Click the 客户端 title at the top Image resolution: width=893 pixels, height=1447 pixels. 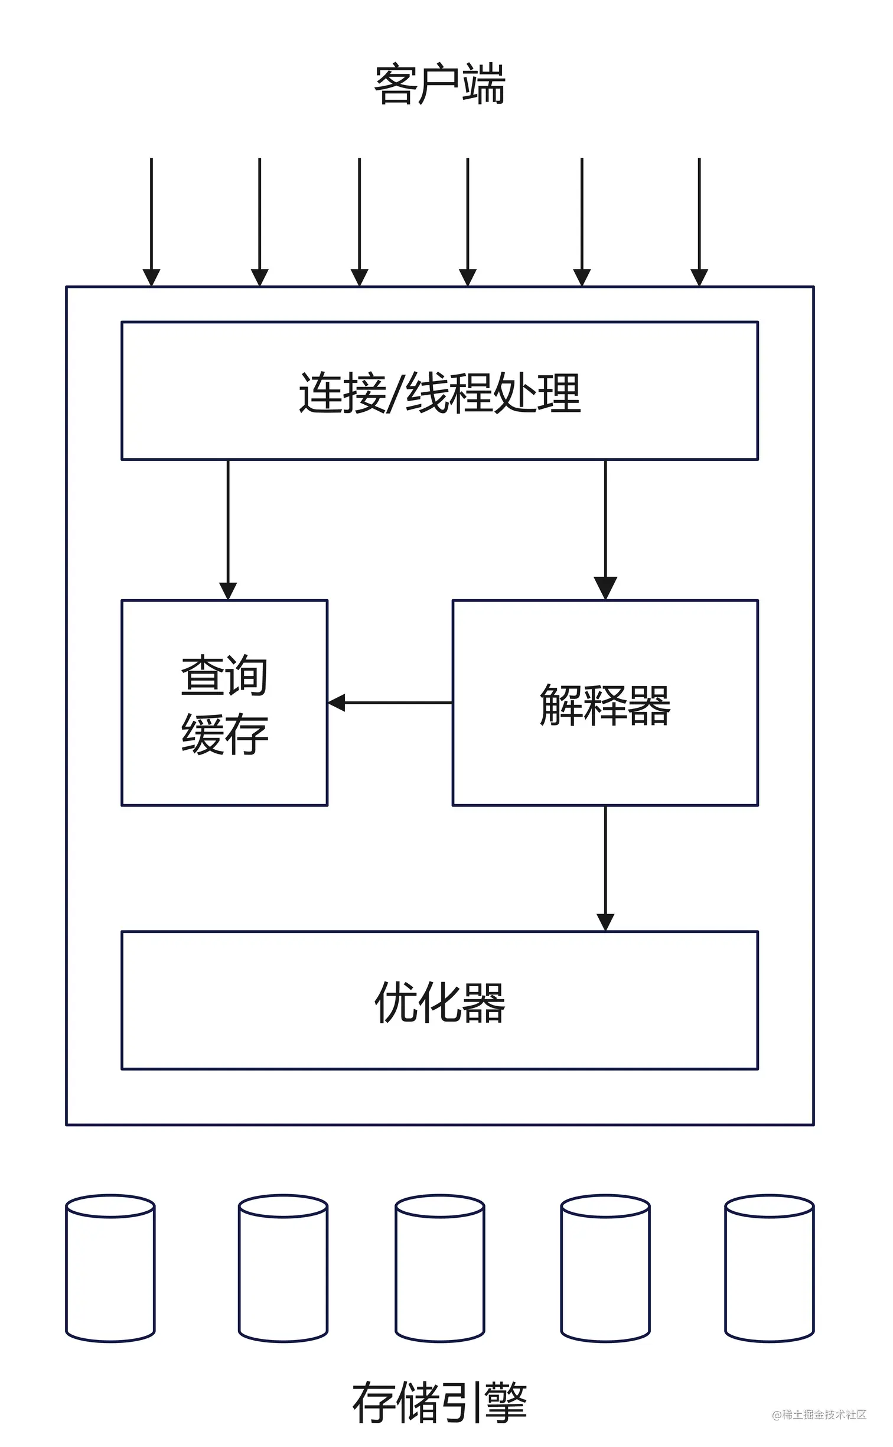coord(440,86)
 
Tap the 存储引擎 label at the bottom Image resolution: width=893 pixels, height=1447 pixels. coord(440,1403)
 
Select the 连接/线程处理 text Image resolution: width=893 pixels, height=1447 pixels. coord(440,393)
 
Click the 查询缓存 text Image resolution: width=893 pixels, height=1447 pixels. coord(224,704)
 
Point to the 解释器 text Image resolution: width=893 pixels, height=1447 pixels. coord(605,704)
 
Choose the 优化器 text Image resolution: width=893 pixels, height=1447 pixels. coord(440,1002)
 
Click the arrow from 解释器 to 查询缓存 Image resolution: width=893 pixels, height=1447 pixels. coord(390,703)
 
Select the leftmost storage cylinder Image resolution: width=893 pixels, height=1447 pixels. coord(110,1269)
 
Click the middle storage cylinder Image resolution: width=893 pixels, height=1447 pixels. coord(440,1269)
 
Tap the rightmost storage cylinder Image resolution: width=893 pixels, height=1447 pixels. coord(770,1269)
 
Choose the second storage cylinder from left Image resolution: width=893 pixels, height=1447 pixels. coord(283,1269)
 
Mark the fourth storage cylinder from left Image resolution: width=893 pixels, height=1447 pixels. coord(605,1269)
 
